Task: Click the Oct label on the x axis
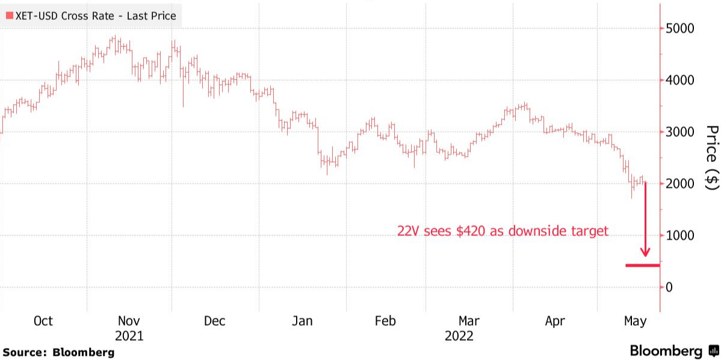[x=43, y=321]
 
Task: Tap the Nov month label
[x=129, y=321]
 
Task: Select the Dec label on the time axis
[x=214, y=321]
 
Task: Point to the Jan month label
[x=302, y=321]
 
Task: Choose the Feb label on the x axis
[x=385, y=321]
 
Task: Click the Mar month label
[x=469, y=321]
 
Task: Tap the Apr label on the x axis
[x=555, y=321]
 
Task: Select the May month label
[x=635, y=321]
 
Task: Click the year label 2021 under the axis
[x=129, y=336]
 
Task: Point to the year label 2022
[x=459, y=336]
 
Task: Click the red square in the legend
[x=8, y=16]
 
